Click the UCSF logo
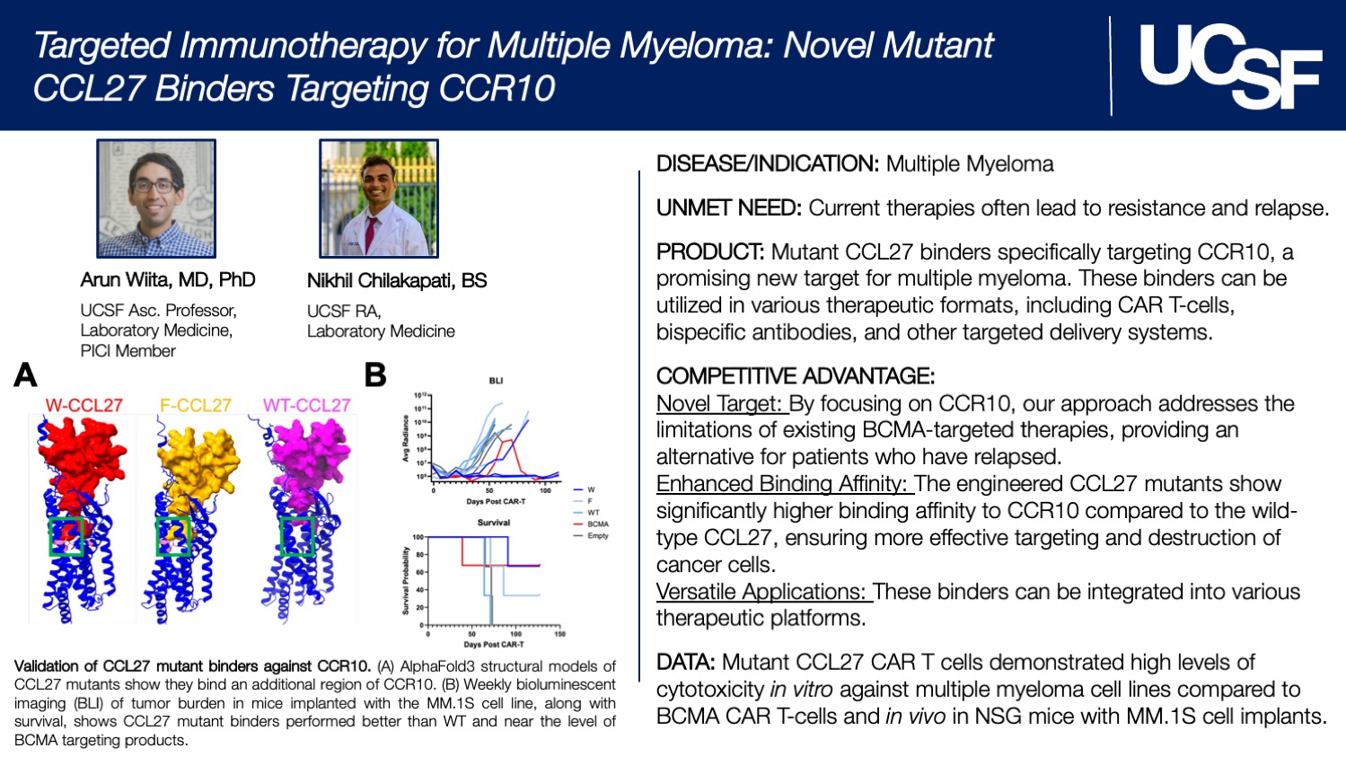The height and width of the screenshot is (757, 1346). tap(1229, 66)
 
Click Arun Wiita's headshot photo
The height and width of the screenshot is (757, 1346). tap(156, 198)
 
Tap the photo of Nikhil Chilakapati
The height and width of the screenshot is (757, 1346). tap(379, 198)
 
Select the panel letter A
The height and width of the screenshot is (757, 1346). tap(26, 375)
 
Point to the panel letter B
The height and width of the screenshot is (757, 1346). tap(375, 375)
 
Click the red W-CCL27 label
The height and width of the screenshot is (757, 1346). tap(84, 405)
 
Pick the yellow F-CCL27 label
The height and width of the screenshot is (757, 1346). tap(195, 405)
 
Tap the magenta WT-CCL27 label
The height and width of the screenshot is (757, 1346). tap(306, 405)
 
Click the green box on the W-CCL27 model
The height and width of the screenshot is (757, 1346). tap(66, 536)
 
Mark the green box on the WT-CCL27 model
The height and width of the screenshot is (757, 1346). tap(296, 536)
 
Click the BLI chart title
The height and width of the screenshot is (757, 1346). tap(496, 381)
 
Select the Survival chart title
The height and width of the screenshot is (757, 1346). tap(493, 522)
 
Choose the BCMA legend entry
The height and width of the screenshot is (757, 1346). tap(597, 524)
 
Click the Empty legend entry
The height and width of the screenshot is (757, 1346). tap(597, 535)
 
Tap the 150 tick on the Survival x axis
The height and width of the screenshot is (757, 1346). tap(559, 634)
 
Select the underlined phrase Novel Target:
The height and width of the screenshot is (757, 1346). tap(722, 403)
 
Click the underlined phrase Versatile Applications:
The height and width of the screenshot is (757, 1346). tap(763, 592)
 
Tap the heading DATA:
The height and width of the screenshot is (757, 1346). tap(686, 663)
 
